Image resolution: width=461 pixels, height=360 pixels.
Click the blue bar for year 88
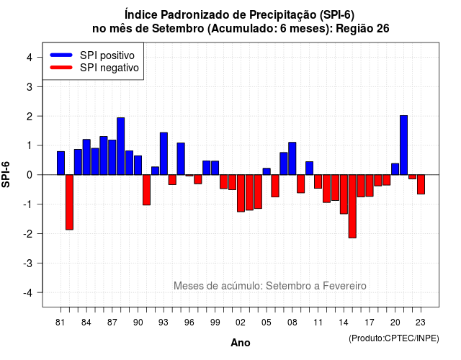tap(120, 146)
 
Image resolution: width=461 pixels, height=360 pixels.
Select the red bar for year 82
tap(69, 202)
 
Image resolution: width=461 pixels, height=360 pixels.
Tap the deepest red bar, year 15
tap(352, 207)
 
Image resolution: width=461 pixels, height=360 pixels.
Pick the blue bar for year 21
tap(403, 145)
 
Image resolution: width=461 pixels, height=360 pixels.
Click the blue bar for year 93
tap(164, 153)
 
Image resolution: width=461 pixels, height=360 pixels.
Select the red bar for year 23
tap(421, 184)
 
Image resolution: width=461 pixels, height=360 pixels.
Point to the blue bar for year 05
tap(267, 171)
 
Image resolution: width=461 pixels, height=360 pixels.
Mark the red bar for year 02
tap(241, 193)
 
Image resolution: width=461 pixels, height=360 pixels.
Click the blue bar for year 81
tap(61, 163)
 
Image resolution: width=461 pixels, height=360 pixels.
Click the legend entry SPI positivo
tap(107, 55)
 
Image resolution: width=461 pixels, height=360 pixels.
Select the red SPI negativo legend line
tap(61, 68)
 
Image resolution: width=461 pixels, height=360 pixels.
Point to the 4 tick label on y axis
tap(30, 58)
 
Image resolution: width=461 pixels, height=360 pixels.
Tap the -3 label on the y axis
tap(27, 264)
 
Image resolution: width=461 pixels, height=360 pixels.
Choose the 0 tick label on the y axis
tap(30, 175)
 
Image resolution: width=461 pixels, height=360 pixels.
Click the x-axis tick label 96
tap(189, 323)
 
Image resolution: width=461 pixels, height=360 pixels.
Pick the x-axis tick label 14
tap(344, 323)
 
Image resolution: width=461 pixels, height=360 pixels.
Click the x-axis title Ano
tap(241, 343)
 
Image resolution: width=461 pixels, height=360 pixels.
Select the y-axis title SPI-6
tap(6, 174)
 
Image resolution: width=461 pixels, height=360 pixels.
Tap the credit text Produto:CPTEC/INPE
tap(394, 338)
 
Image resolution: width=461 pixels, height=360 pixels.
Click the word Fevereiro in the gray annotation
tap(344, 286)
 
